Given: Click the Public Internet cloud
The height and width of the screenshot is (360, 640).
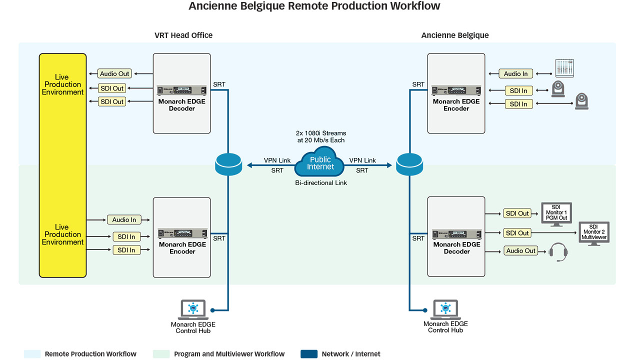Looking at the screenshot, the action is point(320,162).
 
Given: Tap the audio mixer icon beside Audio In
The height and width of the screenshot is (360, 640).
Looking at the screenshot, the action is point(564,68).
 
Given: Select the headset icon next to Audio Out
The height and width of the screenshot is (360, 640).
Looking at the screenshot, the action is point(558,252).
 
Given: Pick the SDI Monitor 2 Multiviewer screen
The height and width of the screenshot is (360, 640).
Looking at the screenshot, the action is point(594,233).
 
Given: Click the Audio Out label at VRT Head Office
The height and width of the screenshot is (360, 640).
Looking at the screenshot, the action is point(114,73).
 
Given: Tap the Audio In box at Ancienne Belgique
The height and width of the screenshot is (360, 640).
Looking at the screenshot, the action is point(515,73).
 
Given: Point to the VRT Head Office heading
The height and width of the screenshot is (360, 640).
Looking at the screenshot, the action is point(183,35).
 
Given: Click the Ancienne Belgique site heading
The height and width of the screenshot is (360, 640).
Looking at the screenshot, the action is point(455,35).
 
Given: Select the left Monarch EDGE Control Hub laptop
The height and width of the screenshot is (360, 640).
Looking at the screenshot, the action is point(193,309).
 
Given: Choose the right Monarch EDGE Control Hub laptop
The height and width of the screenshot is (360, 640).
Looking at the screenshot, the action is point(445,309).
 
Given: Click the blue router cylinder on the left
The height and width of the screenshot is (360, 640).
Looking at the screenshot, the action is point(228,164).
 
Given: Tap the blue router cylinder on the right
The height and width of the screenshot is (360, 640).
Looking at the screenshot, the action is point(409,164).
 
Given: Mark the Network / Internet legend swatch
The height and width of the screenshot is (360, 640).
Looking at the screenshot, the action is point(309,354).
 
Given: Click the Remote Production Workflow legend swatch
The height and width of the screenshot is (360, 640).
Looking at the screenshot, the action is point(32,354).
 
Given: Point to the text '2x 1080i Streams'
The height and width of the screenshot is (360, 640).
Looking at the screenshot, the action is point(321,133).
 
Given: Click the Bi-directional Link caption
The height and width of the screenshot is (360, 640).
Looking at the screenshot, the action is point(321,183).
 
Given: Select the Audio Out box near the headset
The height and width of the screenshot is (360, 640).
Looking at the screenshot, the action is point(520,251).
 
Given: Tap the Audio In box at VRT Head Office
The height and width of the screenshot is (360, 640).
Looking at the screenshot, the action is point(124,219).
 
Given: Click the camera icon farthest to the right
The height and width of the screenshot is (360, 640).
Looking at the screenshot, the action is point(581,101).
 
